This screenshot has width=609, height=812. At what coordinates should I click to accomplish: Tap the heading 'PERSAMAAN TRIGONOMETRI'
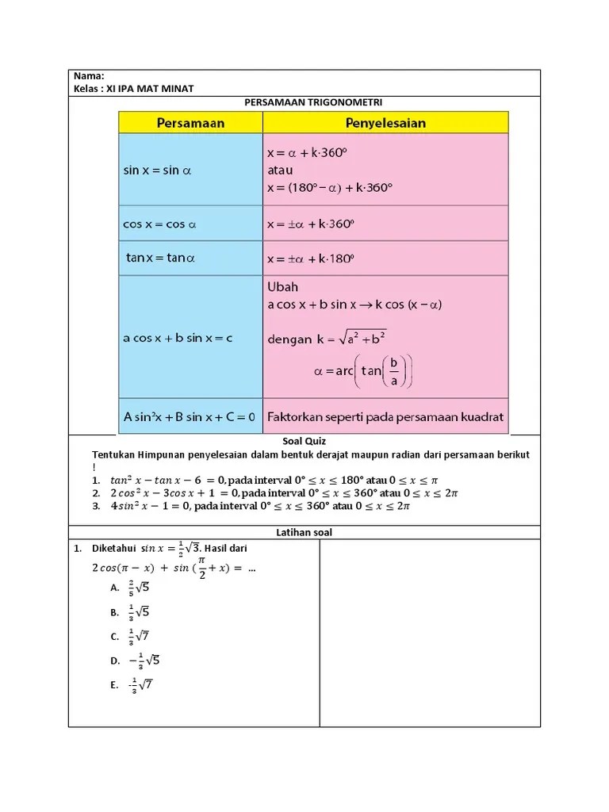[x=304, y=101]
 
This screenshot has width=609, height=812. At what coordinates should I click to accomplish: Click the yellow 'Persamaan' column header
[x=190, y=123]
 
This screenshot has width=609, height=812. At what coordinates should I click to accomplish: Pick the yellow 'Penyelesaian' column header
[x=385, y=123]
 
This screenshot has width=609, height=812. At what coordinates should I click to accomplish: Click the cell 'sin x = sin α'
[x=159, y=170]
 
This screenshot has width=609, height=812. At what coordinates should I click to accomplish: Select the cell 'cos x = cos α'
[x=159, y=224]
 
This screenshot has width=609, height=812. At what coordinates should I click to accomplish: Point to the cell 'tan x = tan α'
[x=161, y=259]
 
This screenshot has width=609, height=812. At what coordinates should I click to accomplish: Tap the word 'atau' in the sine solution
[x=280, y=170]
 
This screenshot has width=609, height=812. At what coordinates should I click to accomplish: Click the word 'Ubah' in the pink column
[x=283, y=287]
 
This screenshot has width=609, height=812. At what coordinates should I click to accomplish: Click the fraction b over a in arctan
[x=395, y=371]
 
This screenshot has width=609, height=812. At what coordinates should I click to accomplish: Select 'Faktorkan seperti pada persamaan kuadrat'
[x=385, y=416]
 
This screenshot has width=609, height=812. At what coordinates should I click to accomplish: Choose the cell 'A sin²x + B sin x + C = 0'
[x=190, y=416]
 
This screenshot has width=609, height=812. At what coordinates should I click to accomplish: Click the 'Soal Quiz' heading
[x=304, y=441]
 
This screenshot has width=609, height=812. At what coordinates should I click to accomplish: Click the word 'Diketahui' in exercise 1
[x=114, y=548]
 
